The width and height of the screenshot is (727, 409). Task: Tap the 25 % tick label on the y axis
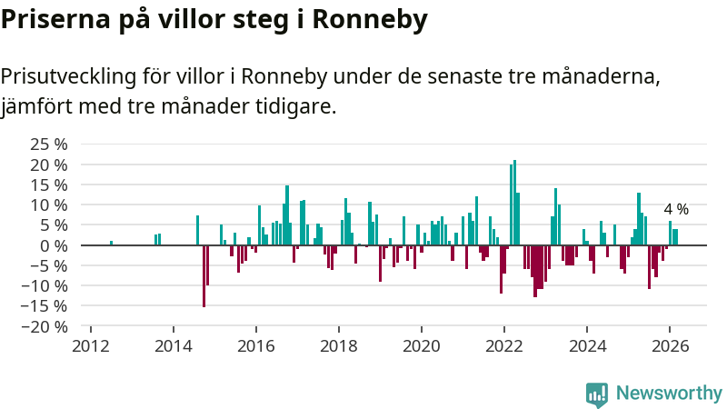click(49, 145)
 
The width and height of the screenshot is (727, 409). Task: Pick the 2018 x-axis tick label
click(339, 346)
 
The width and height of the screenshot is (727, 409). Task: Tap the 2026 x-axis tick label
click(670, 346)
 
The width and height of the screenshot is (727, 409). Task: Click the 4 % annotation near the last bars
click(676, 210)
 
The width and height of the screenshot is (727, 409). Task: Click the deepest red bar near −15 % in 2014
click(204, 275)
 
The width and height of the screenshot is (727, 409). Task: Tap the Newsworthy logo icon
click(596, 394)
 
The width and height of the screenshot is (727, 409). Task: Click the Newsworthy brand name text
click(669, 394)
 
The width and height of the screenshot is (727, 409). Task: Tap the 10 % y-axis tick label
click(49, 205)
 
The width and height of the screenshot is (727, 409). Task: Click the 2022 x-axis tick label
click(504, 346)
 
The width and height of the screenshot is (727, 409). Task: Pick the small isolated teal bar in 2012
click(111, 243)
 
